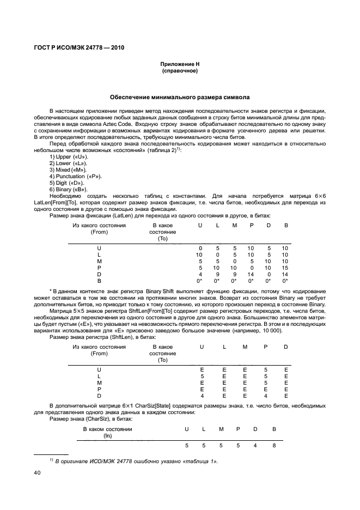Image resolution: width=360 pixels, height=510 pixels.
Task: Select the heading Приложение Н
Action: coord(179,64)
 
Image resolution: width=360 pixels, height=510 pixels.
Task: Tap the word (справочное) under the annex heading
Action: coord(179,71)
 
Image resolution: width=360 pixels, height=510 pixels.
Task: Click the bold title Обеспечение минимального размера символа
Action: coord(180,98)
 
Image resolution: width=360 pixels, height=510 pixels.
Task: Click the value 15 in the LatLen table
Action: coord(285,268)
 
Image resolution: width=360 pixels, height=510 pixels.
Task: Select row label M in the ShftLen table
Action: coord(99,382)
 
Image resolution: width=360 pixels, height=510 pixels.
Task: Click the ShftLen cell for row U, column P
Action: coord(265,369)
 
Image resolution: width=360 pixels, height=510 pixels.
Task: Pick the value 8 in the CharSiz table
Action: coord(274,446)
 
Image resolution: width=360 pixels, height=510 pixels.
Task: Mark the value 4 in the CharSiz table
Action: coord(255,446)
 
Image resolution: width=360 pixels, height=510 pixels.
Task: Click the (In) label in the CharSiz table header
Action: coord(107,435)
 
